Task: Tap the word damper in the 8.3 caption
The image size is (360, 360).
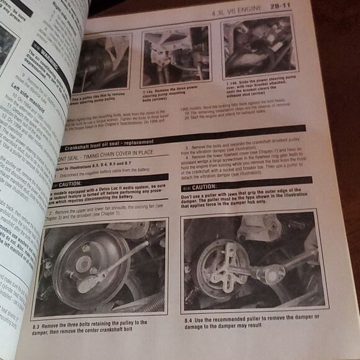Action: coord(50,330)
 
